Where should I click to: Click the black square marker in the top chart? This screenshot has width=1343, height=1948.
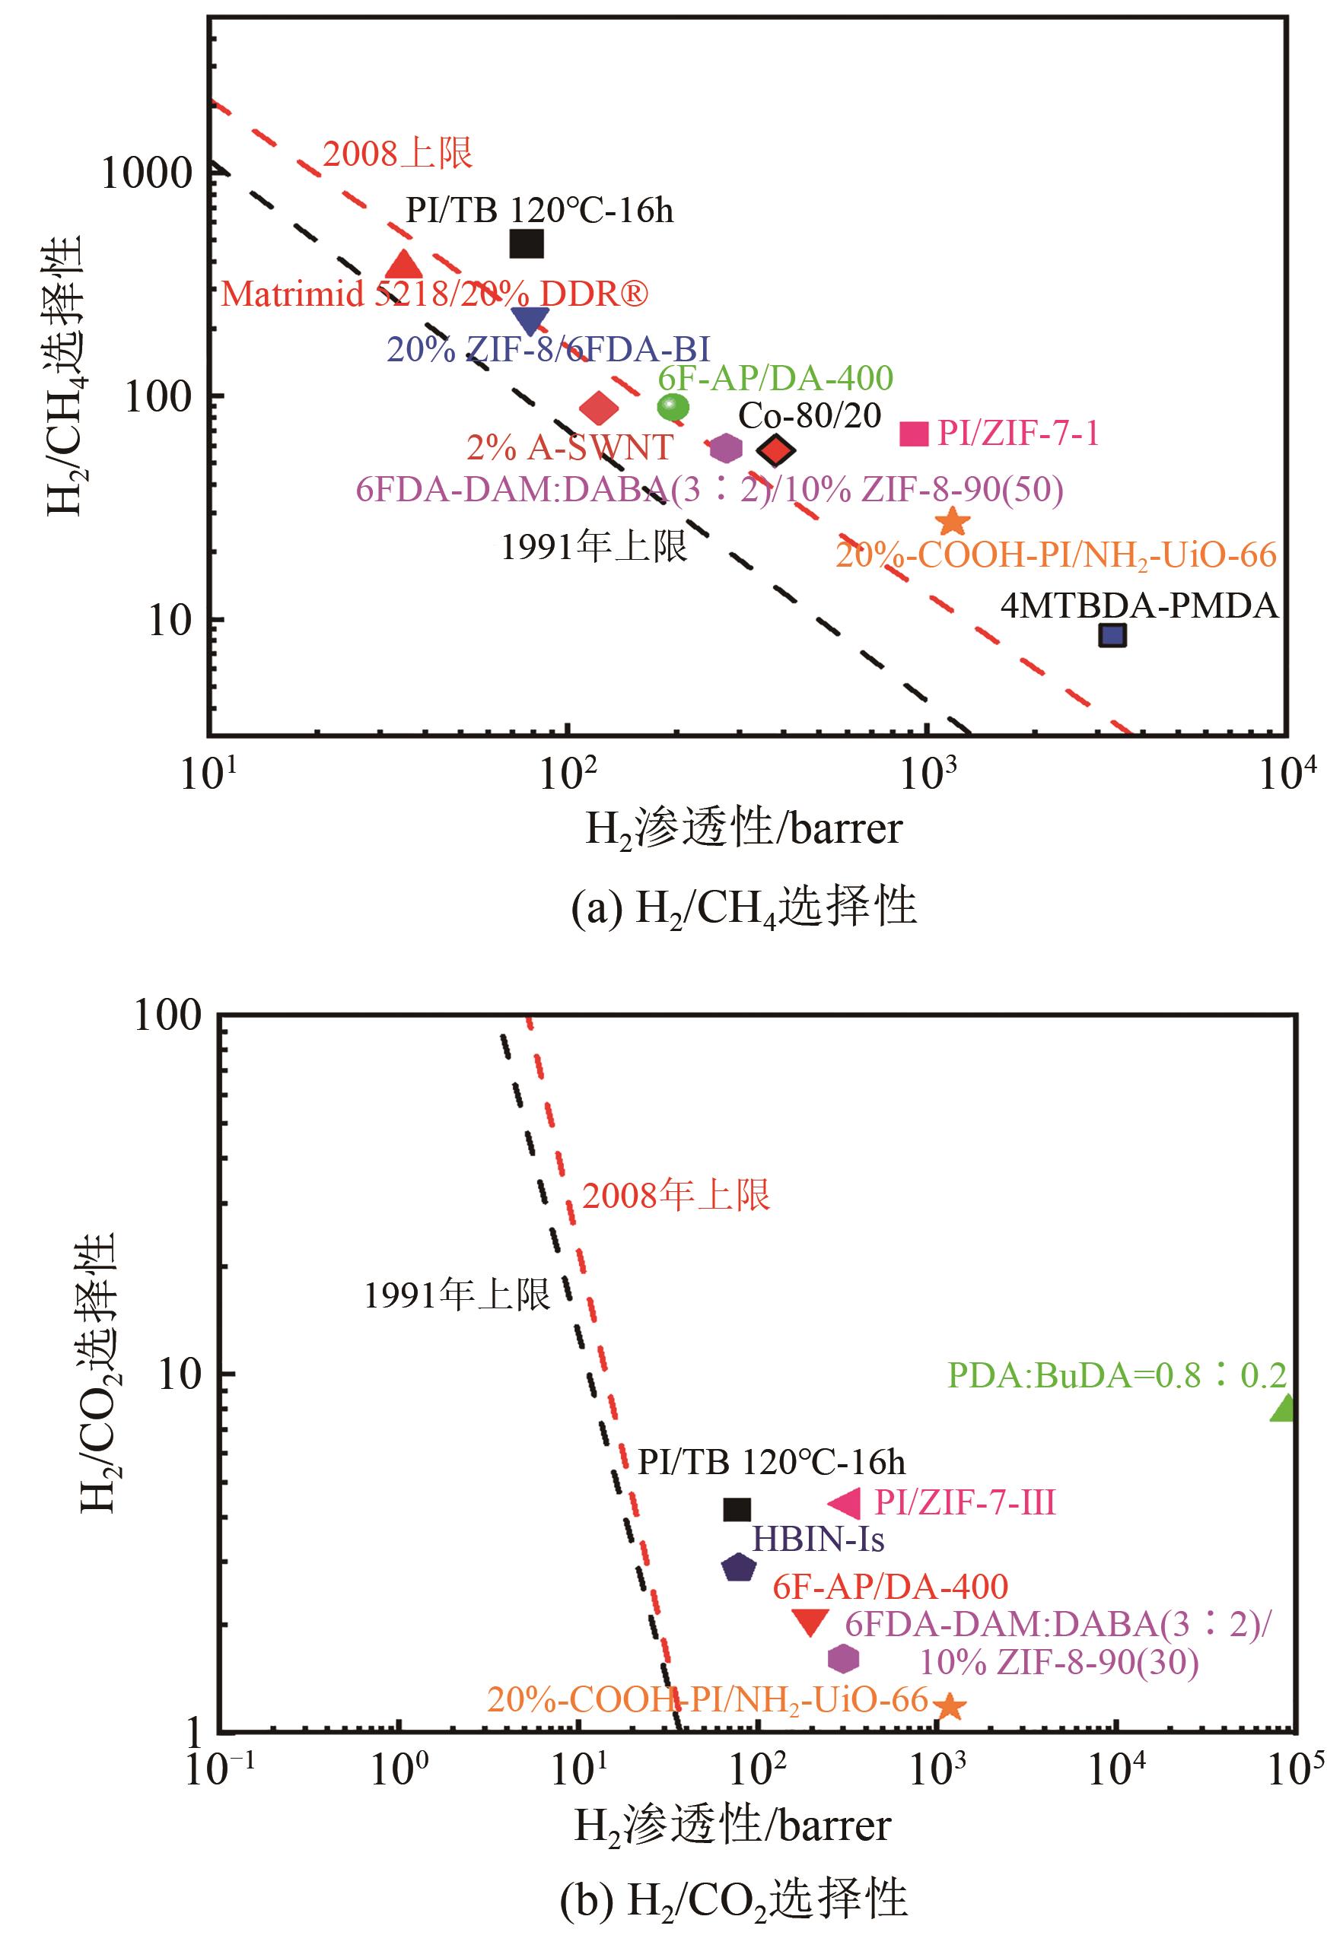[x=527, y=244]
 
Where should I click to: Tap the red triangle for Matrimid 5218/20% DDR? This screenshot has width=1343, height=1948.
[x=405, y=265]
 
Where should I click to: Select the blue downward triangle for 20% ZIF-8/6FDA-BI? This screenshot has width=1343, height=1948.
[x=530, y=319]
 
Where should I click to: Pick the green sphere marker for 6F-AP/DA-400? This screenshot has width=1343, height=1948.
[x=673, y=407]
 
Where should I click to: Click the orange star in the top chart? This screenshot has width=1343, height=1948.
[x=953, y=520]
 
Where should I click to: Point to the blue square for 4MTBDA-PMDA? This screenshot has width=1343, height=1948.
[x=1112, y=635]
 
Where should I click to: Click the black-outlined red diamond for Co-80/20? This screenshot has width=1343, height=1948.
[x=776, y=451]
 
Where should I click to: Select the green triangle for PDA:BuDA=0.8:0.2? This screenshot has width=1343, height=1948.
[x=1282, y=1408]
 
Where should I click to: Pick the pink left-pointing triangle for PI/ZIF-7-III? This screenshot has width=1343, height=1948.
[x=845, y=1503]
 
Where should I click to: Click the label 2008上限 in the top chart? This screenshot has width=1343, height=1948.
[x=398, y=153]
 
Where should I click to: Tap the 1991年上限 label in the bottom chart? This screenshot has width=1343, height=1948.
[x=457, y=1295]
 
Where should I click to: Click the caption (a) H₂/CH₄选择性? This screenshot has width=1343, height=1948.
[x=743, y=908]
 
